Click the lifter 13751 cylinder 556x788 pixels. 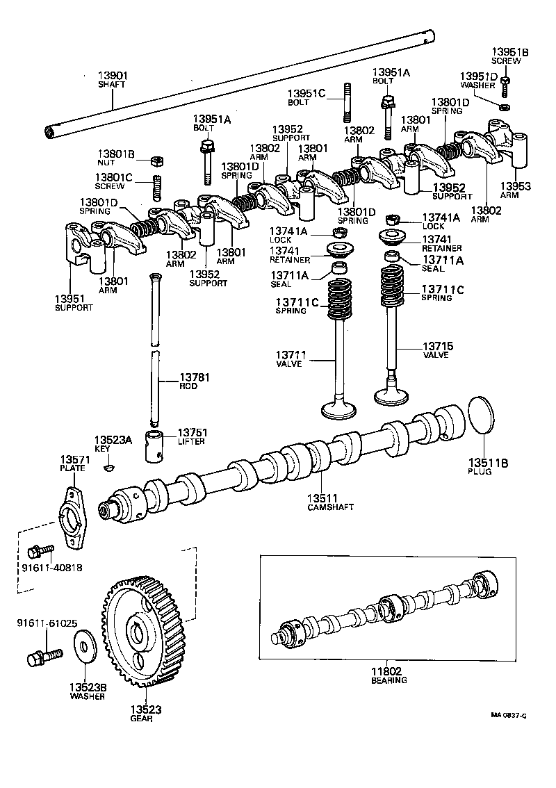click(x=156, y=445)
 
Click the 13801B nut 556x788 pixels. click(x=156, y=162)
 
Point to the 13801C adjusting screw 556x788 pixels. click(x=157, y=188)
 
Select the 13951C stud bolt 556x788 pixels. click(x=345, y=101)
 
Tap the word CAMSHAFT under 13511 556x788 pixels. click(x=330, y=507)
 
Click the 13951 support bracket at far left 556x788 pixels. click(x=81, y=244)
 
